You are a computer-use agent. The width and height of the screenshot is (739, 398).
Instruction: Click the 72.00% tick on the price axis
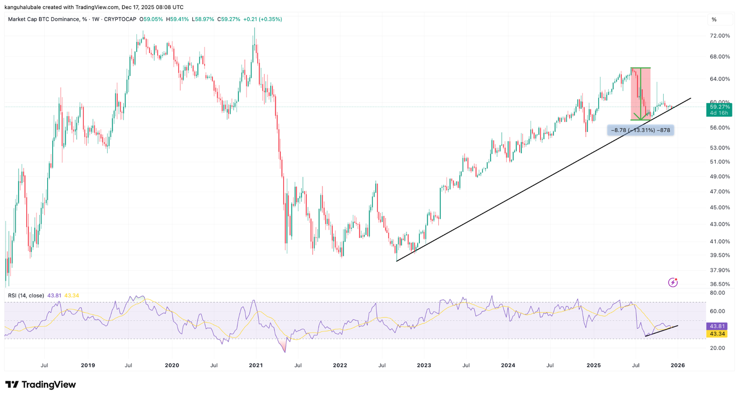718,36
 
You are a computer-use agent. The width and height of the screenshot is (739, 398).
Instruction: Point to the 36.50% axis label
718,284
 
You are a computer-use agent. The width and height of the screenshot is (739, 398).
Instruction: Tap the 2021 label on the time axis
256,365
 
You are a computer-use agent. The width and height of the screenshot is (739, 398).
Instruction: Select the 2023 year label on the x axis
424,365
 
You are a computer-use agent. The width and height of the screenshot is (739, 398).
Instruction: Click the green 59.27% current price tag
719,110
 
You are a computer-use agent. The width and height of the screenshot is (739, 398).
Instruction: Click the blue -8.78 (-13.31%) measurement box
640,130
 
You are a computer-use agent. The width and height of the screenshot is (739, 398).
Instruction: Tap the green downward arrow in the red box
640,94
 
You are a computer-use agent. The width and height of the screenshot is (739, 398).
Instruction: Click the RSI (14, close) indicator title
26,296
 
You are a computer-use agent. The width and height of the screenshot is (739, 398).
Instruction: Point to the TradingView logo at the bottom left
41,385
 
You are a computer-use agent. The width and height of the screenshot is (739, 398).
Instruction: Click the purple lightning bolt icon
672,282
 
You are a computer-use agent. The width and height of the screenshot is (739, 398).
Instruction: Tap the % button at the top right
714,20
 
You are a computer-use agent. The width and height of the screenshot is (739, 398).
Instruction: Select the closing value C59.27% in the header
229,19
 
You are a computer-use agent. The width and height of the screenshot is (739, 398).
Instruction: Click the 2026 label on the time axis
678,365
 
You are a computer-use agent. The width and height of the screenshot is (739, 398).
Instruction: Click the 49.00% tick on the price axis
718,177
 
